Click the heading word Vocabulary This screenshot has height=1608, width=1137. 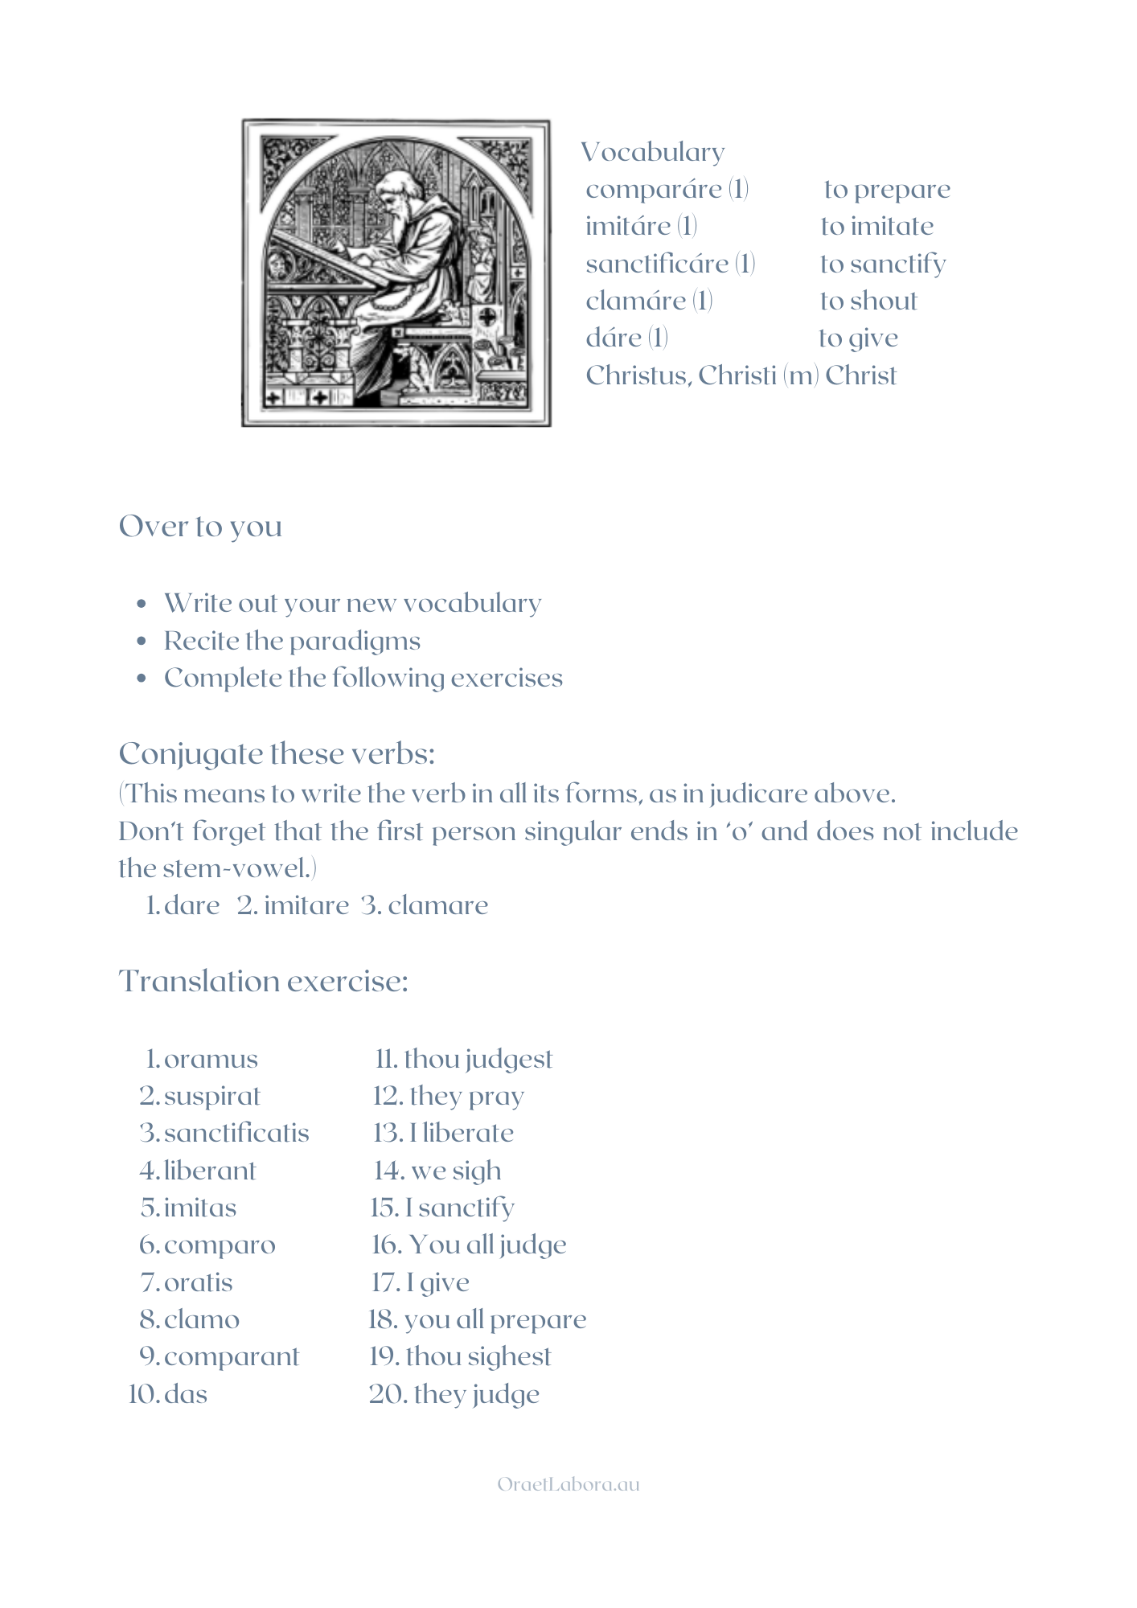pyautogui.click(x=653, y=152)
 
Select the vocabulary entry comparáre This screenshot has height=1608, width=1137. pyautogui.click(x=653, y=190)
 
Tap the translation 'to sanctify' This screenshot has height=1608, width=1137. pyautogui.click(x=883, y=264)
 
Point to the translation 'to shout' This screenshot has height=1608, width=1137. pyautogui.click(x=868, y=301)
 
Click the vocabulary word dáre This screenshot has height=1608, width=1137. pyautogui.click(x=614, y=338)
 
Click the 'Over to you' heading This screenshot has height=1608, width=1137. pyautogui.click(x=200, y=527)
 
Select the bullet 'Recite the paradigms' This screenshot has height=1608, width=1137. pyautogui.click(x=292, y=641)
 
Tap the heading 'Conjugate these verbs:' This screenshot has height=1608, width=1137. pyautogui.click(x=277, y=754)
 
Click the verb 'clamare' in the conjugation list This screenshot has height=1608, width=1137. pyautogui.click(x=437, y=905)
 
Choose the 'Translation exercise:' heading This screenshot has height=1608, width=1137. pyautogui.click(x=264, y=982)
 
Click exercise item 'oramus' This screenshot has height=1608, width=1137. pyautogui.click(x=211, y=1059)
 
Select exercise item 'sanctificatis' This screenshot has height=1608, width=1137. pyautogui.click(x=236, y=1133)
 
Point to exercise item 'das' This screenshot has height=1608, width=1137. pyautogui.click(x=186, y=1393)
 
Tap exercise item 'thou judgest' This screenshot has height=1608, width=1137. pyautogui.click(x=478, y=1059)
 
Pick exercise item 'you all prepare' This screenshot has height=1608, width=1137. pyautogui.click(x=495, y=1319)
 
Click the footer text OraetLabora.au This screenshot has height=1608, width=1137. pyautogui.click(x=568, y=1484)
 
